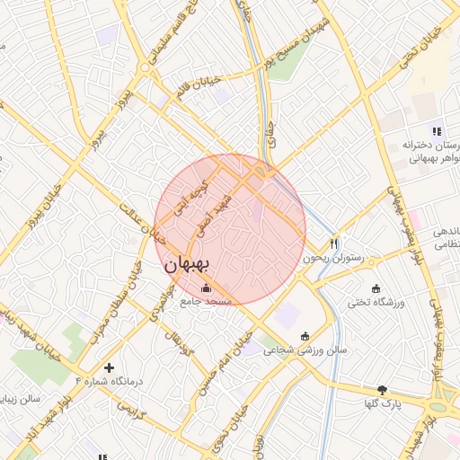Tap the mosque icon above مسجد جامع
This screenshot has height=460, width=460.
(x=208, y=288)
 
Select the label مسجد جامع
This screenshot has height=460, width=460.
(x=207, y=302)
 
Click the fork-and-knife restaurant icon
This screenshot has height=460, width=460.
(x=334, y=243)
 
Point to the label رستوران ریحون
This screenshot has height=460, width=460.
(x=336, y=258)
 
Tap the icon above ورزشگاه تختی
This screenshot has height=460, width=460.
(x=375, y=288)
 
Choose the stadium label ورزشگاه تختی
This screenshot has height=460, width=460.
(x=375, y=303)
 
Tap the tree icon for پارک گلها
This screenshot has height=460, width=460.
(x=382, y=390)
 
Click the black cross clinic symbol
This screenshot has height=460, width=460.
(x=110, y=367)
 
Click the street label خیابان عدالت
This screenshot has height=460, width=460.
(x=146, y=224)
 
